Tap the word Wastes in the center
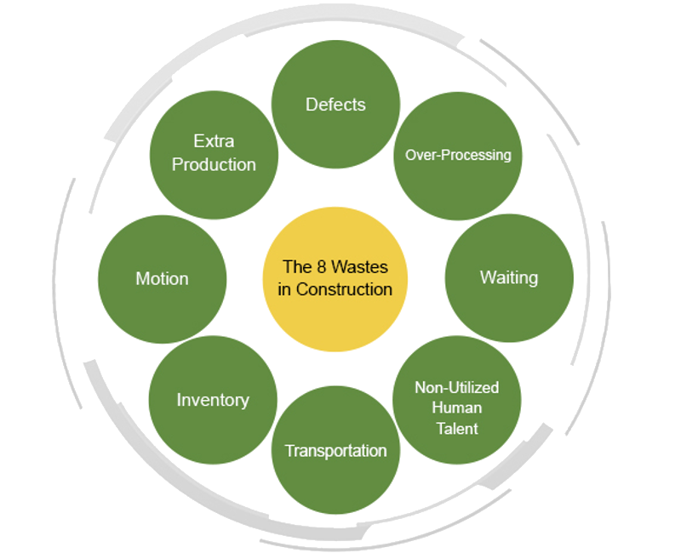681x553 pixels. click(359, 267)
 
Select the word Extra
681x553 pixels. click(214, 141)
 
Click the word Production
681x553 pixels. click(214, 164)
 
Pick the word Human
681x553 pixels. click(457, 408)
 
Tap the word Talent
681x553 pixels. click(457, 428)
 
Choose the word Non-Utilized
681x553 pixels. click(457, 387)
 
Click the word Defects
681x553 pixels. click(335, 105)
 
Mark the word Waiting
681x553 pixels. click(509, 277)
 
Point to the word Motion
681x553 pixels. click(163, 278)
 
